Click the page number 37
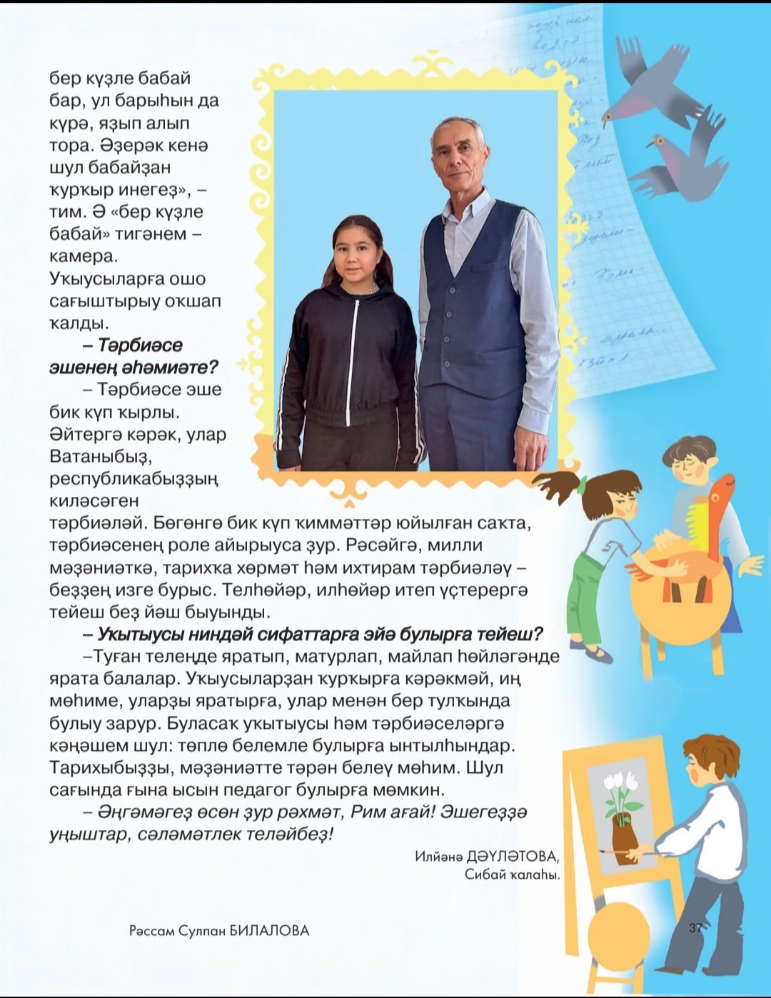click(696, 927)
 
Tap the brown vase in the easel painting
click(624, 839)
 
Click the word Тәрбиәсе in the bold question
click(140, 346)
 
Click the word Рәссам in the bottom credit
click(151, 931)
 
